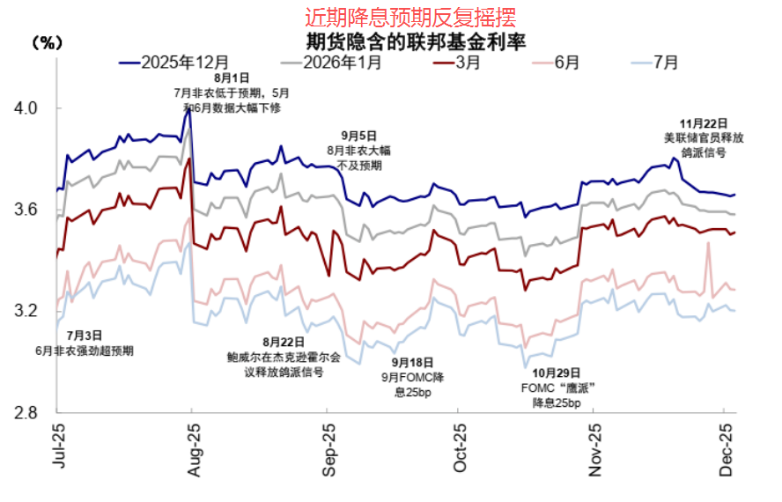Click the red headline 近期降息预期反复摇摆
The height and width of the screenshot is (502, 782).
pos(410,17)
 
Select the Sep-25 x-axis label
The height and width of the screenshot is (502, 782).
pos(328,452)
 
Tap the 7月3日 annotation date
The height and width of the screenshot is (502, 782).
pos(85,336)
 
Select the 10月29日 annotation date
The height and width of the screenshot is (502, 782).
pos(557,373)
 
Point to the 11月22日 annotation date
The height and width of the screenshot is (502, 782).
pos(704,122)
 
